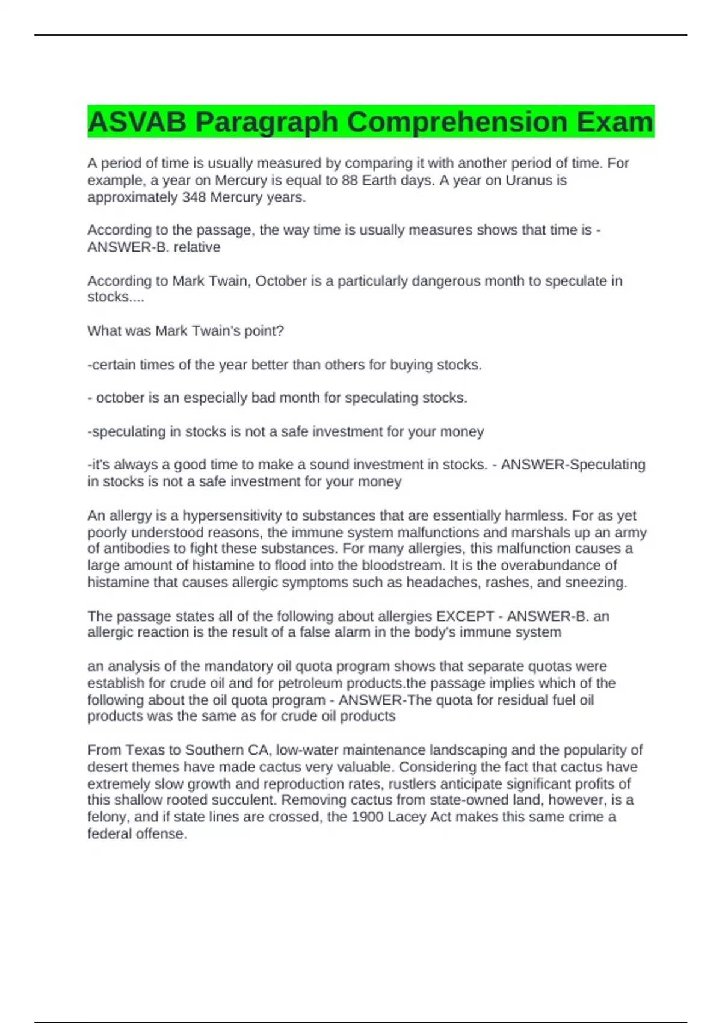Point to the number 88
(x=350, y=181)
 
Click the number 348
(x=194, y=197)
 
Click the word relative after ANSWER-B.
(x=197, y=247)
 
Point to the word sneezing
(x=597, y=583)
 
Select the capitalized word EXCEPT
(x=464, y=617)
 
